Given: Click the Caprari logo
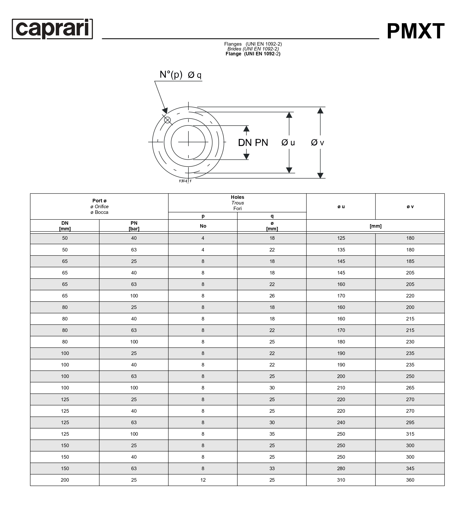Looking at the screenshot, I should point(52,29).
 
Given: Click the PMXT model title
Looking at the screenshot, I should point(415,31).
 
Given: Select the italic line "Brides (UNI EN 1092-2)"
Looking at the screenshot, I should point(253,49).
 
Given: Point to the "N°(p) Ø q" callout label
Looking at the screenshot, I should point(180,75).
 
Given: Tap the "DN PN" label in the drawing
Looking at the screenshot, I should point(253,143).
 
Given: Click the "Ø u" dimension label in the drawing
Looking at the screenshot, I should point(288,143).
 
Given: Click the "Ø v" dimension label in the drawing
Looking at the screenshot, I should point(317,143).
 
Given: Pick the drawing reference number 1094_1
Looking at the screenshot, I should point(185,181).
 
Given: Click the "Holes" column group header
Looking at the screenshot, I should point(237,197).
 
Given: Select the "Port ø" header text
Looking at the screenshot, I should point(99,201).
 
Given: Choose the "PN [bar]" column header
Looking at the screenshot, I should point(134,226).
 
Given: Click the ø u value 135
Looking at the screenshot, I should point(341,250).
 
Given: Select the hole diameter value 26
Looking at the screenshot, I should point(272,296).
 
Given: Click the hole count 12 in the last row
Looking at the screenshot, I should point(203,480).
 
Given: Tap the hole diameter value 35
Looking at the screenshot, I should point(272,434).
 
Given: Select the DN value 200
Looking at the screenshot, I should point(65,480).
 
